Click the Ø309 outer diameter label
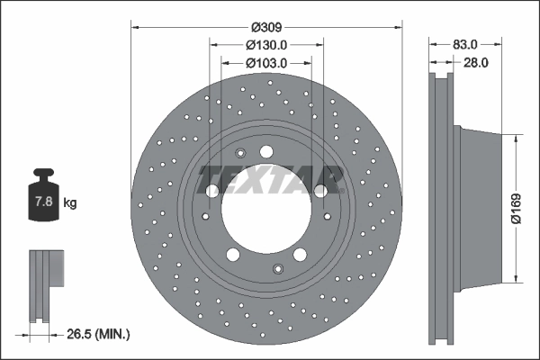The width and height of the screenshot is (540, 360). click(266, 27)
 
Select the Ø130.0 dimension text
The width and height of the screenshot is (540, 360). click(266, 45)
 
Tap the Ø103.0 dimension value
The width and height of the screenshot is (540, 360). click(266, 63)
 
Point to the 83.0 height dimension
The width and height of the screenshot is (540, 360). click(465, 44)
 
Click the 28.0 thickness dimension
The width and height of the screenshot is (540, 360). click(476, 63)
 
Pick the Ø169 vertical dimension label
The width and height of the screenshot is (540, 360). click(517, 209)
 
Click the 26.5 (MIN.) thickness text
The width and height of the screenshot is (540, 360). click(98, 334)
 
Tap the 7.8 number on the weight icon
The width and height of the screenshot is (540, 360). click(44, 201)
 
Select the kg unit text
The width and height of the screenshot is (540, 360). click(70, 202)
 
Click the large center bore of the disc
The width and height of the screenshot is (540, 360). click(266, 208)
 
